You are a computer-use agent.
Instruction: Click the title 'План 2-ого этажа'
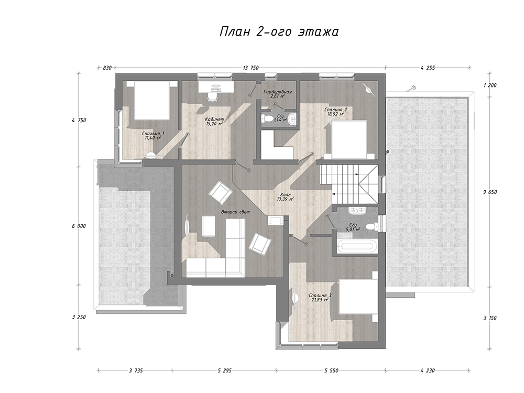pyautogui.click(x=279, y=32)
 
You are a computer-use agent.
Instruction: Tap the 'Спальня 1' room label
pyautogui.click(x=152, y=133)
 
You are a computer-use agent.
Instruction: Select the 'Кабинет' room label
pyautogui.click(x=214, y=119)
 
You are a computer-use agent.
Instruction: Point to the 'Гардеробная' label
pyautogui.click(x=277, y=92)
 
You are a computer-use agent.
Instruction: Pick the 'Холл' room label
pyautogui.click(x=286, y=194)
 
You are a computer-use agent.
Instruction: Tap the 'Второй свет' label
pyautogui.click(x=235, y=212)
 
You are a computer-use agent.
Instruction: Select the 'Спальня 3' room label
pyautogui.click(x=320, y=296)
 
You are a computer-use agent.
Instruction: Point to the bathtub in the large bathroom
pyautogui.click(x=357, y=246)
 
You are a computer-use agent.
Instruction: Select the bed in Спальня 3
pyautogui.click(x=358, y=297)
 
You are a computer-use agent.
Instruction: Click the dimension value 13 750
pyautogui.click(x=250, y=68)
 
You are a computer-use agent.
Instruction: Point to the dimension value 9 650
pyautogui.click(x=490, y=192)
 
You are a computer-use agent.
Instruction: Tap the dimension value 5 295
pyautogui.click(x=225, y=370)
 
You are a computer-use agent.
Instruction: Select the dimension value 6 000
pyautogui.click(x=79, y=226)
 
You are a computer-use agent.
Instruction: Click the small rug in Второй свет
pyautogui.click(x=209, y=226)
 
